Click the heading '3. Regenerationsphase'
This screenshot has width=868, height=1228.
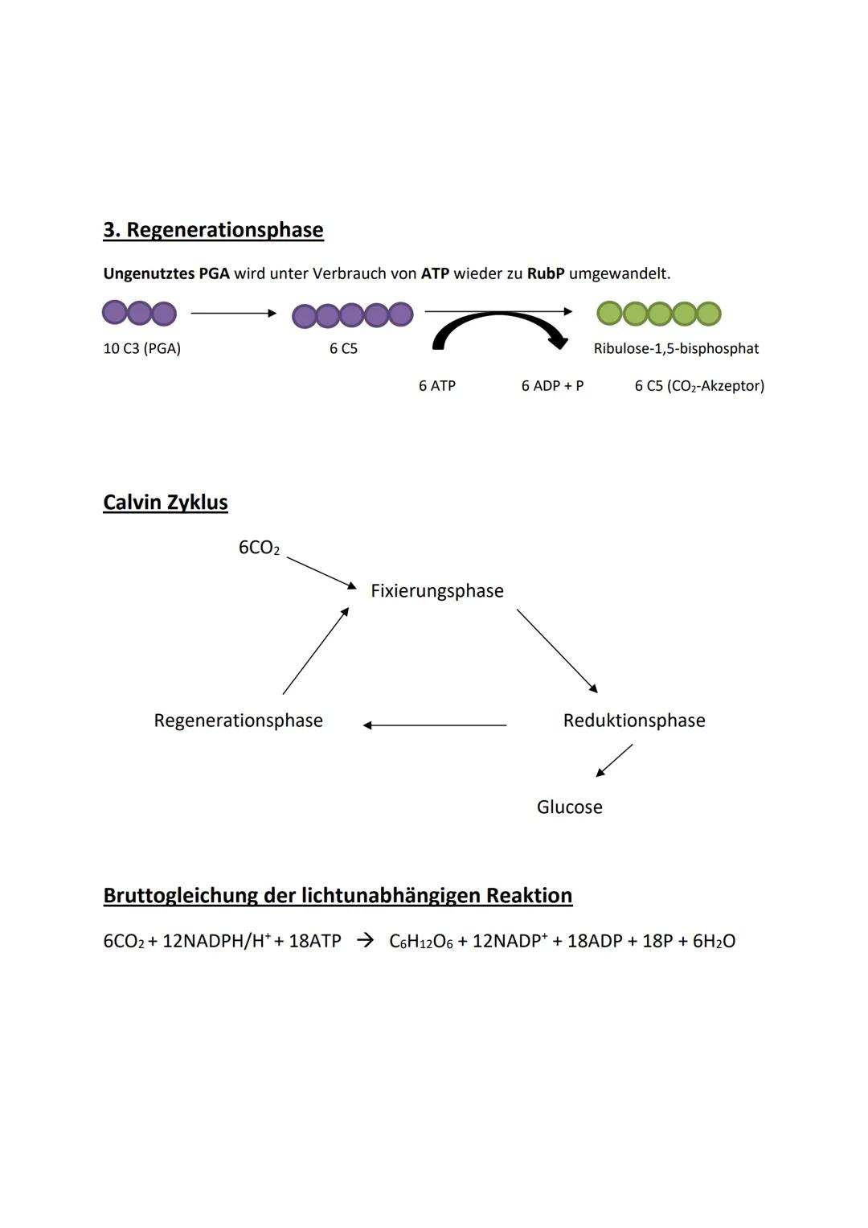coord(213,230)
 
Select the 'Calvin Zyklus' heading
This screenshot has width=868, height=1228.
coord(166,503)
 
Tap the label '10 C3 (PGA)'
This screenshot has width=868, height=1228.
coord(142,349)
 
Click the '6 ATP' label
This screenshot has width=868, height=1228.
coord(437,386)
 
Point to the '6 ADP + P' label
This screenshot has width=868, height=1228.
coord(552,386)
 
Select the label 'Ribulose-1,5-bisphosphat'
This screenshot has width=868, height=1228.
coord(676,349)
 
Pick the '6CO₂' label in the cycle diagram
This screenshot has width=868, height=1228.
coord(259,548)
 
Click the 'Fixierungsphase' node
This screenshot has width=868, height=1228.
coord(437,591)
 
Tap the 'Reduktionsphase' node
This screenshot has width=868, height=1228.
coord(634,721)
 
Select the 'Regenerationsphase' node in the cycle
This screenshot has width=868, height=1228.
coord(238,721)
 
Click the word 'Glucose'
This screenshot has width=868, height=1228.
coord(569,807)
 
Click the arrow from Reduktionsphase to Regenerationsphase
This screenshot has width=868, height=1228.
coord(435,725)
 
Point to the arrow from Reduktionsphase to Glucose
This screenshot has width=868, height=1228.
coord(614,761)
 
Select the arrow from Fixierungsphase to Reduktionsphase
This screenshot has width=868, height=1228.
coord(557,651)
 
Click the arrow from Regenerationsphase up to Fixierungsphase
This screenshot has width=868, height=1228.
coord(316,651)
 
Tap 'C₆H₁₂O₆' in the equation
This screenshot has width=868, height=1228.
coord(420,942)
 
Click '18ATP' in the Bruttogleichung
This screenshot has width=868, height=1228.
coord(314,942)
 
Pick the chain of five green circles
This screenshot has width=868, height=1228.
coord(659,314)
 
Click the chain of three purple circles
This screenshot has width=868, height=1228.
coord(139,313)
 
